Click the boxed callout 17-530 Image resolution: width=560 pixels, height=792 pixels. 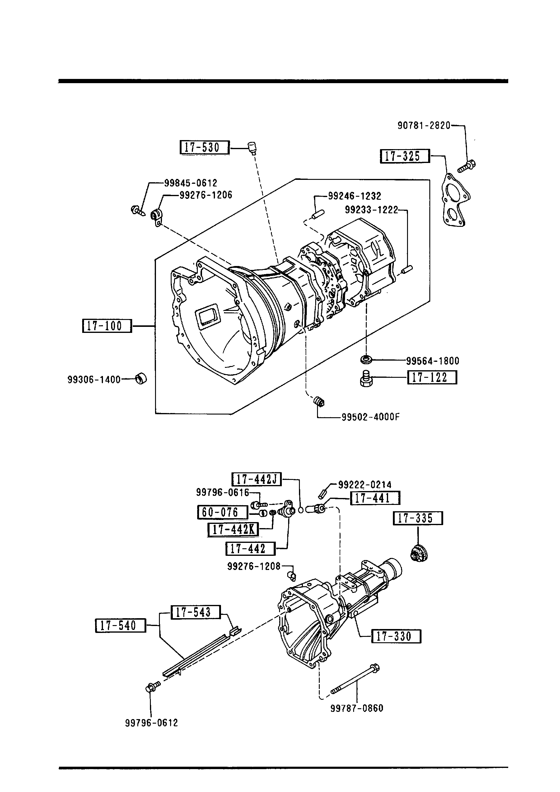tap(204, 147)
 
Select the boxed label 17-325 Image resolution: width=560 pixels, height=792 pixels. tap(405, 156)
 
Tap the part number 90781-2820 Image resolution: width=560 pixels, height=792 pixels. tap(424, 125)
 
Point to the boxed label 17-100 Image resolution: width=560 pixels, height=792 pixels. tap(107, 326)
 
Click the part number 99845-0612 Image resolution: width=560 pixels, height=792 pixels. tap(191, 183)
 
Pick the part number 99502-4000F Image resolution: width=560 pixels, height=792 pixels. tap(371, 417)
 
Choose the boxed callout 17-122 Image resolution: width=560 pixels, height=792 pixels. tap(432, 377)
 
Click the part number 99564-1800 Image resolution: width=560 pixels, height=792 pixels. tap(433, 361)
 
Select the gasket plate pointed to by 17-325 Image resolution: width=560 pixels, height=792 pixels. tap(456, 200)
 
